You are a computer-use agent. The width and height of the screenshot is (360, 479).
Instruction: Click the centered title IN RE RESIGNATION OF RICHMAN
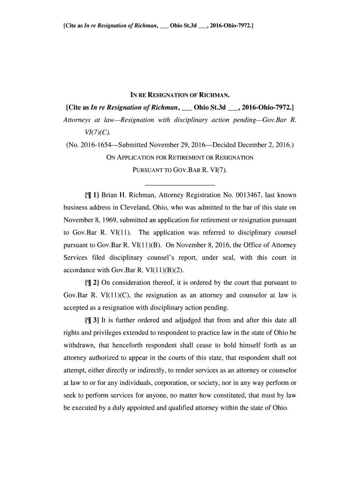(180, 99)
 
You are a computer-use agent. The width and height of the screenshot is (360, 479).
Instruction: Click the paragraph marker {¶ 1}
(91, 195)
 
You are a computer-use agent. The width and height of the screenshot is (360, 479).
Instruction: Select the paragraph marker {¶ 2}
(91, 283)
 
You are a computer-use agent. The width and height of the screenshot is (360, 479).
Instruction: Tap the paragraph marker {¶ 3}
(91, 320)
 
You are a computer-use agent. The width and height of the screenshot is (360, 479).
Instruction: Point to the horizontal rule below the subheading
(180, 183)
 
